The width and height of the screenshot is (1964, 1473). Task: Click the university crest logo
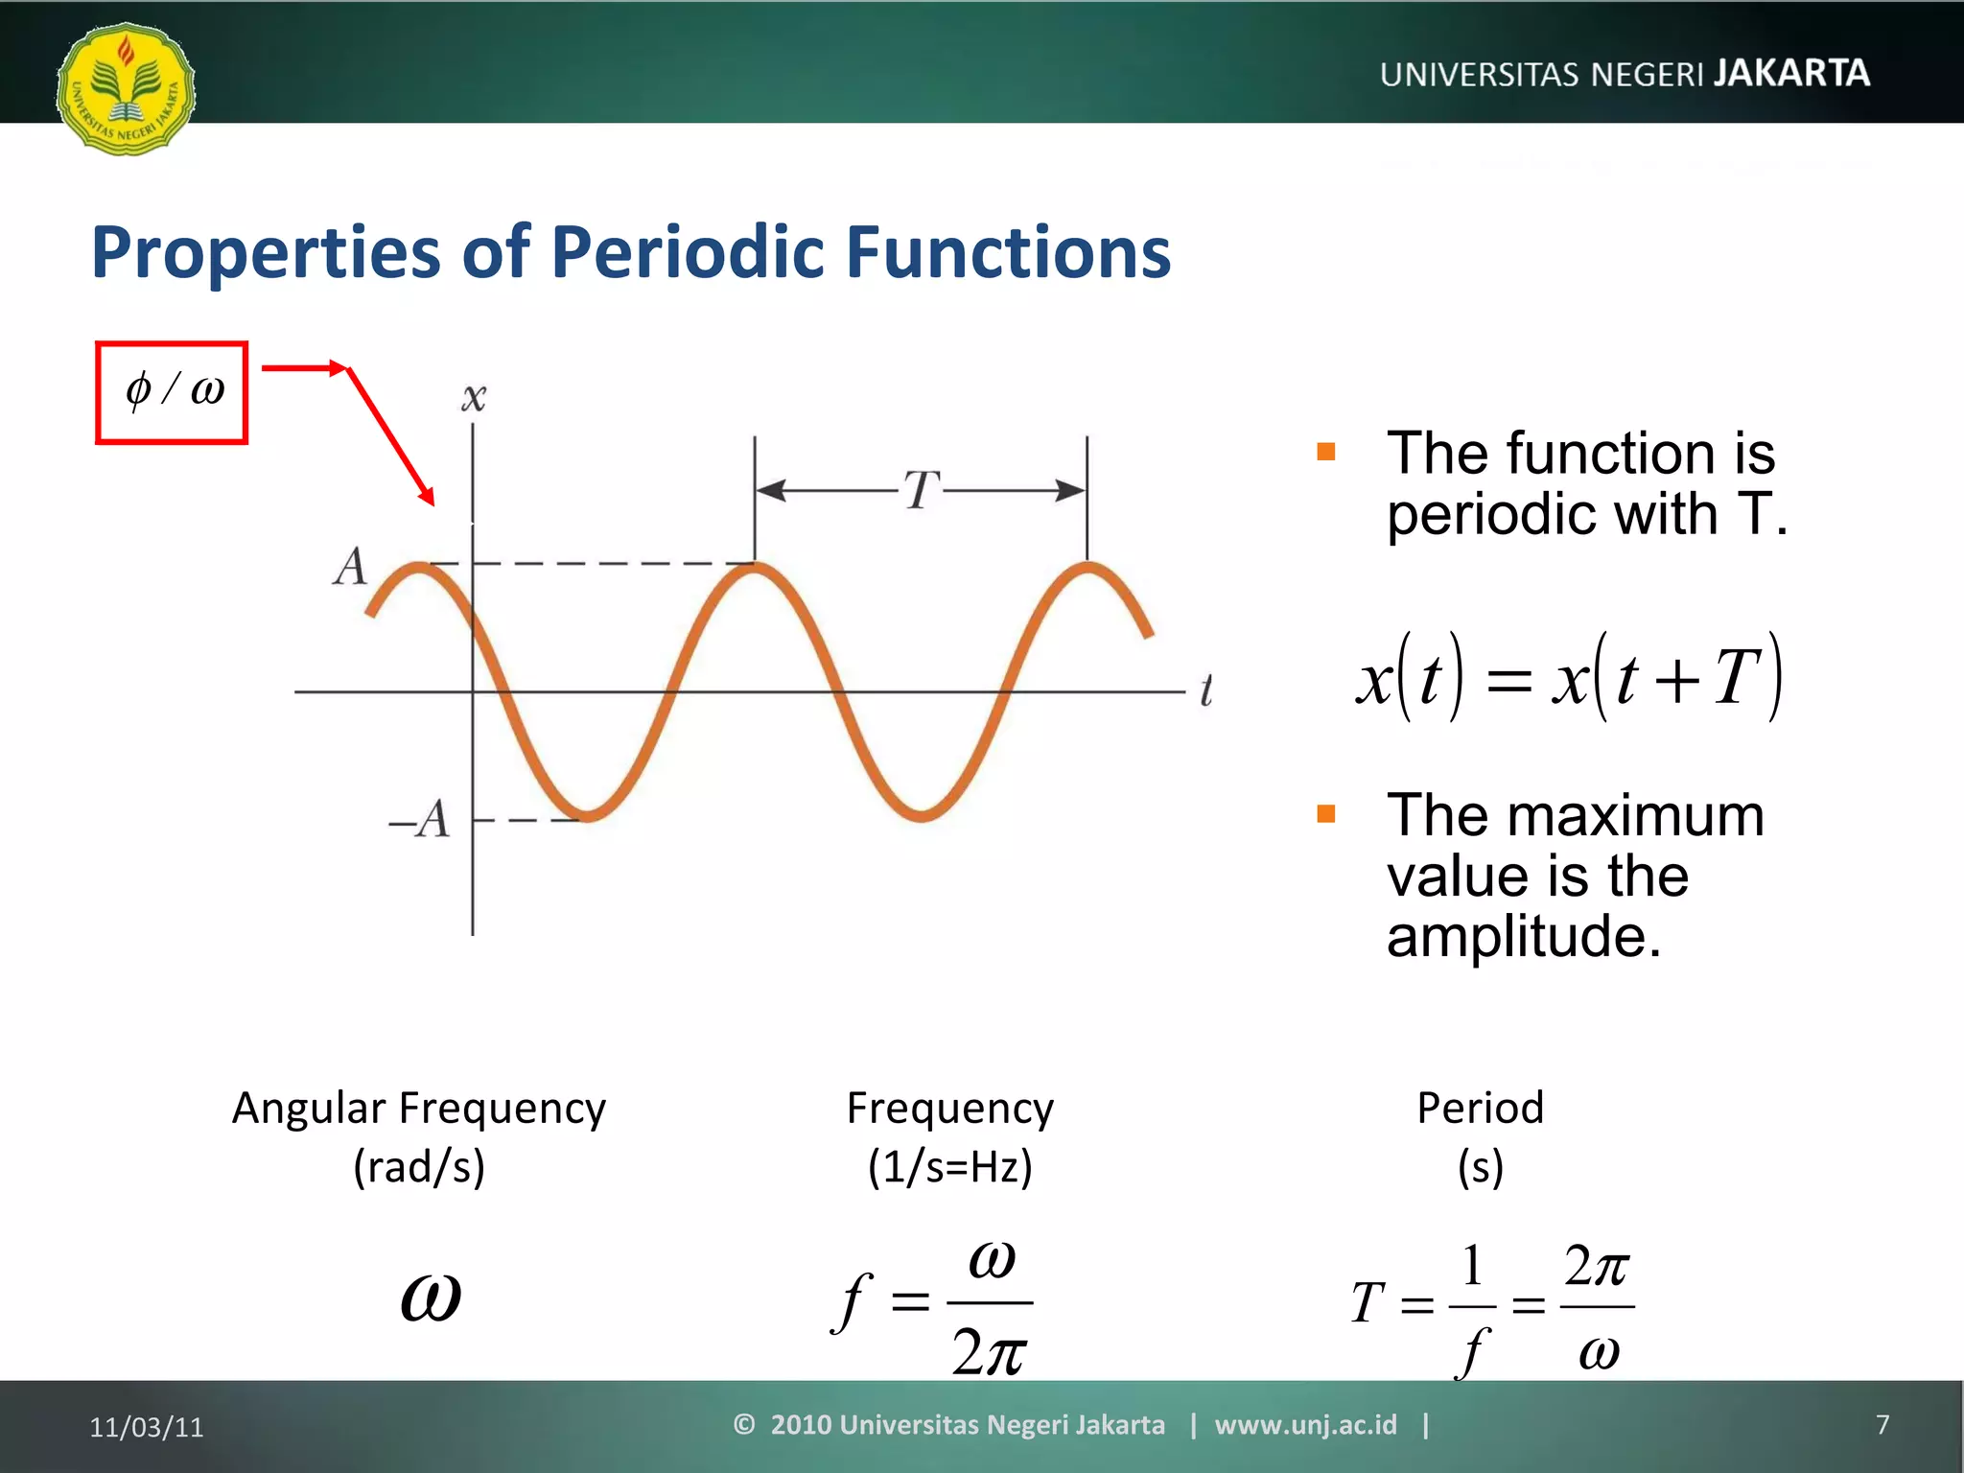(126, 88)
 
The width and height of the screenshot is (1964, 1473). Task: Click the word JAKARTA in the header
(1791, 73)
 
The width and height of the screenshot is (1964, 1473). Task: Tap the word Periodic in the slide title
(687, 252)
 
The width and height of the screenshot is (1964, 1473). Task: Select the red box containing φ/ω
(172, 392)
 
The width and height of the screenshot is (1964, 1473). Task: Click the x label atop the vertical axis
(473, 398)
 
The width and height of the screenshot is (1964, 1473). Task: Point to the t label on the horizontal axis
(1205, 690)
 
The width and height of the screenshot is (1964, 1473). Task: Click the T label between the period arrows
(922, 491)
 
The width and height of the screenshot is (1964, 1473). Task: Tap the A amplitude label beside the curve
(351, 566)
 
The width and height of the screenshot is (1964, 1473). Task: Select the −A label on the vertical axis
(420, 820)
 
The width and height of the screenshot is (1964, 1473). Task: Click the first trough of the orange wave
(587, 815)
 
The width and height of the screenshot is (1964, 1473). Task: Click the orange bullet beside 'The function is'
(1326, 452)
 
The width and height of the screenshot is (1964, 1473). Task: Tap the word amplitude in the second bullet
(1523, 937)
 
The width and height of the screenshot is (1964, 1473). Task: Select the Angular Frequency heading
(419, 1109)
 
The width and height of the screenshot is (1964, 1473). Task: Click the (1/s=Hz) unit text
(949, 1167)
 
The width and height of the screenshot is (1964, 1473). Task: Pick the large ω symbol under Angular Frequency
(431, 1298)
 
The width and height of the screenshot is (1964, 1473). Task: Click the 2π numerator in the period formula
(1596, 1267)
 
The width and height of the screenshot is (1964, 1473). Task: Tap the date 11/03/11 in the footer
(147, 1427)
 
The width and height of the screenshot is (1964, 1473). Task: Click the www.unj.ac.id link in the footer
(1305, 1425)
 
